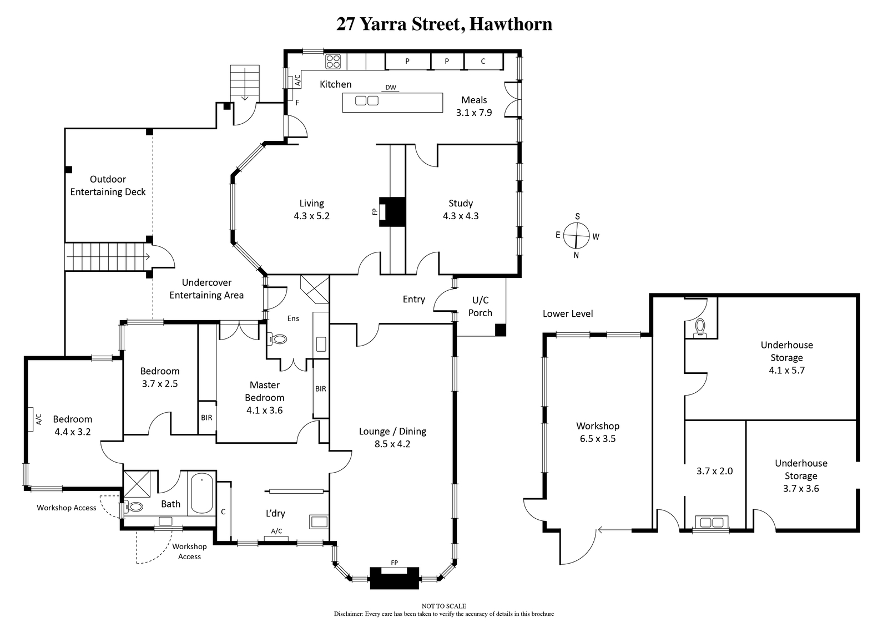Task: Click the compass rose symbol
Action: click(577, 235)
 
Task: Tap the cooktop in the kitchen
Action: click(333, 62)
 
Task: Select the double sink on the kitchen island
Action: click(367, 100)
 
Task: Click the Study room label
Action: click(461, 203)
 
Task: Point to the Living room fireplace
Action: click(392, 212)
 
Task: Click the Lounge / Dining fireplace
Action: click(394, 578)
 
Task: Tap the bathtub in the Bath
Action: click(202, 493)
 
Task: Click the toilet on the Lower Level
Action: click(700, 328)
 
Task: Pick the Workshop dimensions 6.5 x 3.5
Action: click(598, 439)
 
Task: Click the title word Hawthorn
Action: click(511, 24)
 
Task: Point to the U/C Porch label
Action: click(481, 306)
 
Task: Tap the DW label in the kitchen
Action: click(391, 88)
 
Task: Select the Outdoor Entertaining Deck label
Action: click(108, 185)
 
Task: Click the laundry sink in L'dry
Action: click(319, 521)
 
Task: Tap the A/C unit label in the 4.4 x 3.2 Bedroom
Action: click(39, 419)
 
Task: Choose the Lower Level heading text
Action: click(568, 314)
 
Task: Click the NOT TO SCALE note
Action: click(444, 606)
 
